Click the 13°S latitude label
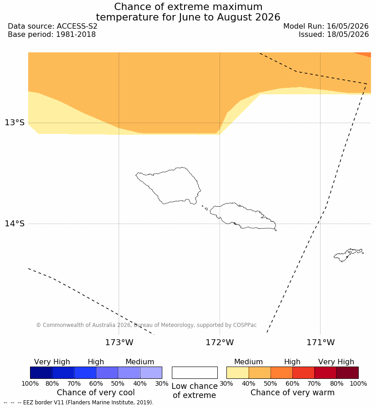click(x=15, y=122)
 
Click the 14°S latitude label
click(x=15, y=223)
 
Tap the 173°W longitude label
click(x=119, y=342)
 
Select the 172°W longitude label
click(x=220, y=342)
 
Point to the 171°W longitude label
click(x=321, y=342)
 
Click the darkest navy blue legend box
click(x=41, y=372)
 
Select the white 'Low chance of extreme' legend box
click(x=195, y=372)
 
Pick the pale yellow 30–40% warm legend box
click(x=237, y=372)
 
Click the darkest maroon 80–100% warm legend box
click(x=347, y=372)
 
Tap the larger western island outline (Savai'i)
click(x=169, y=186)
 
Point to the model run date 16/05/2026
click(x=348, y=26)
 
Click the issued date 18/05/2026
click(x=348, y=34)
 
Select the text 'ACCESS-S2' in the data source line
click(x=77, y=26)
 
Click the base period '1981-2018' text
click(x=76, y=34)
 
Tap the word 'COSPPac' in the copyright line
click(x=245, y=325)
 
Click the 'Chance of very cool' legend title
click(x=96, y=393)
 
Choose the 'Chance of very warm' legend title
click(x=293, y=393)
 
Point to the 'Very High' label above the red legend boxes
click(x=336, y=362)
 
